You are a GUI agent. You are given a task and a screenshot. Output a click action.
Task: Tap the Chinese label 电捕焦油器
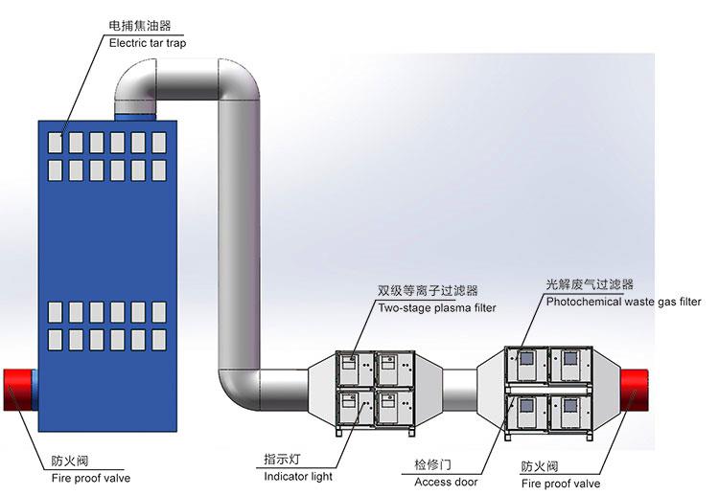pos(140,26)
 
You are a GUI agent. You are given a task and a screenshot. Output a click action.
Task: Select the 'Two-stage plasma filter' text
pos(436,308)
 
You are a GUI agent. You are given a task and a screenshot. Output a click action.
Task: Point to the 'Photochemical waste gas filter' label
pos(623,302)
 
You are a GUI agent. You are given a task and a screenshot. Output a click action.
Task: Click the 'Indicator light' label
pos(298,476)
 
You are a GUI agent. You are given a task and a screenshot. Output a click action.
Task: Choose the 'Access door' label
pos(446,482)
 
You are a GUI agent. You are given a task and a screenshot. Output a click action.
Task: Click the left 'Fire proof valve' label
pos(91,478)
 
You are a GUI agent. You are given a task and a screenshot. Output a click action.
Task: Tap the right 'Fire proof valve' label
pos(561,484)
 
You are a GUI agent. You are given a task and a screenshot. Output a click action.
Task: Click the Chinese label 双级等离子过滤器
pos(428,291)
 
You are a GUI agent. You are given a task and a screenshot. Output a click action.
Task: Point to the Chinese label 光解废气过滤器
pos(590,284)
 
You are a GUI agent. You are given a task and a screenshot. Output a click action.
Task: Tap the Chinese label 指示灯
pos(285,459)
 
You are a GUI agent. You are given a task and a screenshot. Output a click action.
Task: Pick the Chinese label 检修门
pos(432,464)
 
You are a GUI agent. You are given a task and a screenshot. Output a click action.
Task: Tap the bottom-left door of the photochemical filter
pos(525,413)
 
